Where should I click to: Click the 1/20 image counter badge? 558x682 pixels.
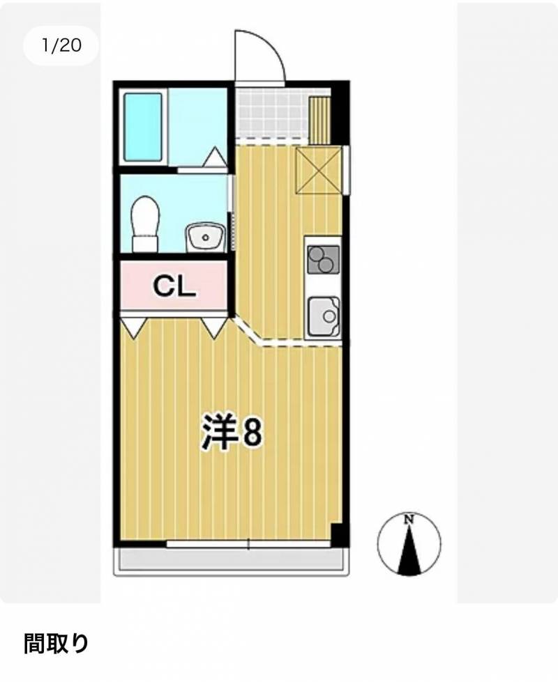click(61, 45)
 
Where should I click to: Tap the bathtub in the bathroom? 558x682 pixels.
click(143, 127)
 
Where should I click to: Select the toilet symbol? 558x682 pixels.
click(146, 224)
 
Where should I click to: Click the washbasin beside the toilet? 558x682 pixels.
click(206, 238)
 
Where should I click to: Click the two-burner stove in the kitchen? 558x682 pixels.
click(323, 260)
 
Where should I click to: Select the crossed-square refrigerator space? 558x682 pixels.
click(319, 170)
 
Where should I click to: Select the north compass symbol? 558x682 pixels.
click(409, 543)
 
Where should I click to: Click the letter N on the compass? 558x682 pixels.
click(409, 519)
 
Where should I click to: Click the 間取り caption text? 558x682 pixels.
click(56, 644)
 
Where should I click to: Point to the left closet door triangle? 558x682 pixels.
click(134, 328)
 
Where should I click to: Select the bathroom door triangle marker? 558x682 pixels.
click(214, 157)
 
